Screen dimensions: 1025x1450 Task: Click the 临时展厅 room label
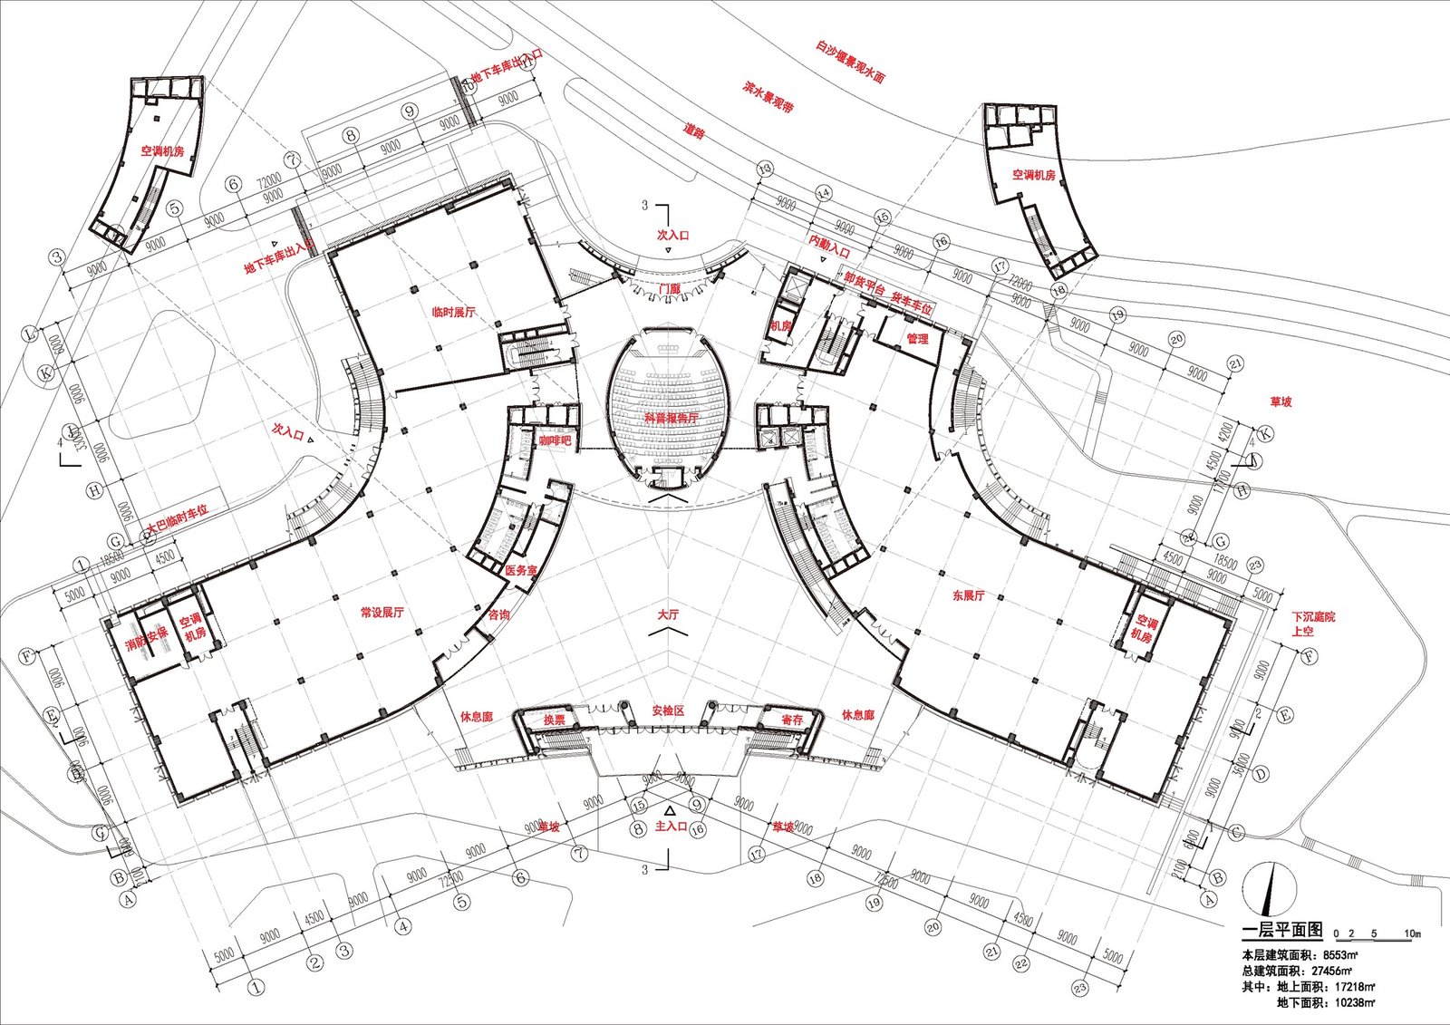point(454,312)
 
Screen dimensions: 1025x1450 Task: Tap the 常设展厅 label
point(382,613)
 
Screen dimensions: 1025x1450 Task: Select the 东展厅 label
point(968,595)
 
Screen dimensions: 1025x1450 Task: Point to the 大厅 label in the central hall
point(668,614)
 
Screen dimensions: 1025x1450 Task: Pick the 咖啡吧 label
point(555,440)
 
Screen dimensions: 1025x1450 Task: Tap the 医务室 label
point(521,571)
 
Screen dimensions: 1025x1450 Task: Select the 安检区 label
point(668,711)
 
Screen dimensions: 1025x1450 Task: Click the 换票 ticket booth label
point(555,720)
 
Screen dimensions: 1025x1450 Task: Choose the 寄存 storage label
point(792,720)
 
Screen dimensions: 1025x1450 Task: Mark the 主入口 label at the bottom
point(671,827)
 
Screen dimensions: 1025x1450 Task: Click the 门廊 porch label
point(669,288)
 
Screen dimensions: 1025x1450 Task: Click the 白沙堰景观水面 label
point(849,62)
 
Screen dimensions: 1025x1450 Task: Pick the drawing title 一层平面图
point(1281,930)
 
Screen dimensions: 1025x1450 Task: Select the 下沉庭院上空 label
point(1313,624)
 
